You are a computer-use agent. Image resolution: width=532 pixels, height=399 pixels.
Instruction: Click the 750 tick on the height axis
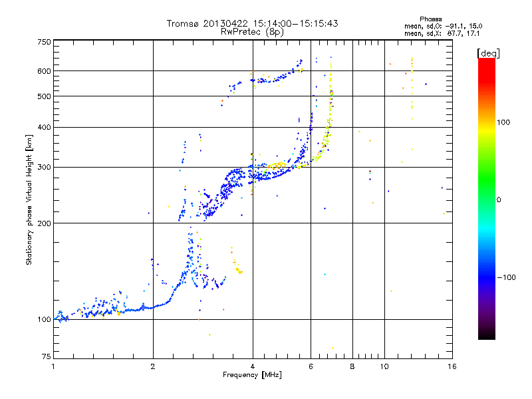(44, 41)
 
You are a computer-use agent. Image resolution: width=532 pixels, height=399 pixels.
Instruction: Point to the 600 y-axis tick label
(44, 71)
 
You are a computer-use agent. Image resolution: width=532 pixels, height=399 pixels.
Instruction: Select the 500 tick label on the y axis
(44, 96)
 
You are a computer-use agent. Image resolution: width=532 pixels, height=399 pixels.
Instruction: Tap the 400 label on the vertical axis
(44, 127)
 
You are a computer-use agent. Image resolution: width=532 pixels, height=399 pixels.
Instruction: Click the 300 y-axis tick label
(44, 167)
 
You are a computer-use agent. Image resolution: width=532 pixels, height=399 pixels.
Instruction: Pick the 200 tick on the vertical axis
(44, 223)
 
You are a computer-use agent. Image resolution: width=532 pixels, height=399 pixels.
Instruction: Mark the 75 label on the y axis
(46, 358)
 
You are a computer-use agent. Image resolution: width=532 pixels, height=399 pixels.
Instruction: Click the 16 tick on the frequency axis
(452, 366)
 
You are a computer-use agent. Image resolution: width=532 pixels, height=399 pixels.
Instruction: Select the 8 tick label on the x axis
(352, 366)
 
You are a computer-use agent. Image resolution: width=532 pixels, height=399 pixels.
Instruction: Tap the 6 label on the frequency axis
(311, 366)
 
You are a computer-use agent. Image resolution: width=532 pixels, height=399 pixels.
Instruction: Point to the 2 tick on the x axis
(153, 366)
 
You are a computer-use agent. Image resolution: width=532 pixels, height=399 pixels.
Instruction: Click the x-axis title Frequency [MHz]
(252, 375)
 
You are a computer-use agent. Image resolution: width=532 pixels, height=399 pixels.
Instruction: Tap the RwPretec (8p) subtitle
(252, 31)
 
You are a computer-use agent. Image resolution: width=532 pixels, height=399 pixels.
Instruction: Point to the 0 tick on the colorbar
(500, 199)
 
